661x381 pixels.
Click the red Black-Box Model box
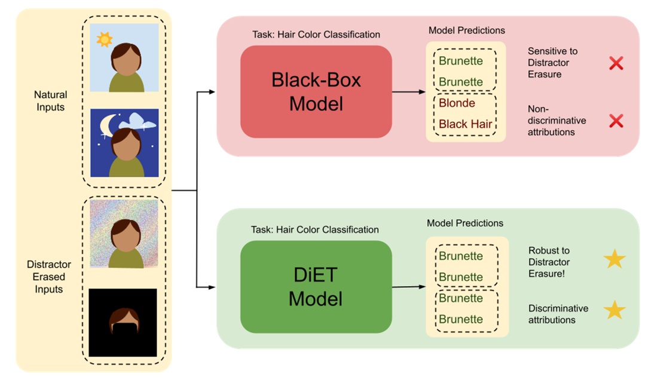[x=316, y=91]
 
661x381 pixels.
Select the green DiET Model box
[x=316, y=287]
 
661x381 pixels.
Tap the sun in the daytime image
[x=105, y=39]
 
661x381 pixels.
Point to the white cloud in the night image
[x=138, y=122]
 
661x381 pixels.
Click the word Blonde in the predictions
[x=457, y=103]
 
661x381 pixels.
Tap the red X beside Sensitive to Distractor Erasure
[x=616, y=63]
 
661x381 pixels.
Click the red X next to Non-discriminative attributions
[x=616, y=121]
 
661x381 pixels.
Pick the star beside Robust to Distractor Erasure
[x=614, y=259]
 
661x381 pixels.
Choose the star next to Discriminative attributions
[x=614, y=311]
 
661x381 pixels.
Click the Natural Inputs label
[x=50, y=101]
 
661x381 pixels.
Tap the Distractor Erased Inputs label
[x=49, y=276]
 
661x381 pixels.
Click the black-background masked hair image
[x=123, y=322]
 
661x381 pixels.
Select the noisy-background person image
[x=124, y=233]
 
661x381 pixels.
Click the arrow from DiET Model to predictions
[x=409, y=287]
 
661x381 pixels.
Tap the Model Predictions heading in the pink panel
[x=466, y=30]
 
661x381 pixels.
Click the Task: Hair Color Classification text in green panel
[x=315, y=229]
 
